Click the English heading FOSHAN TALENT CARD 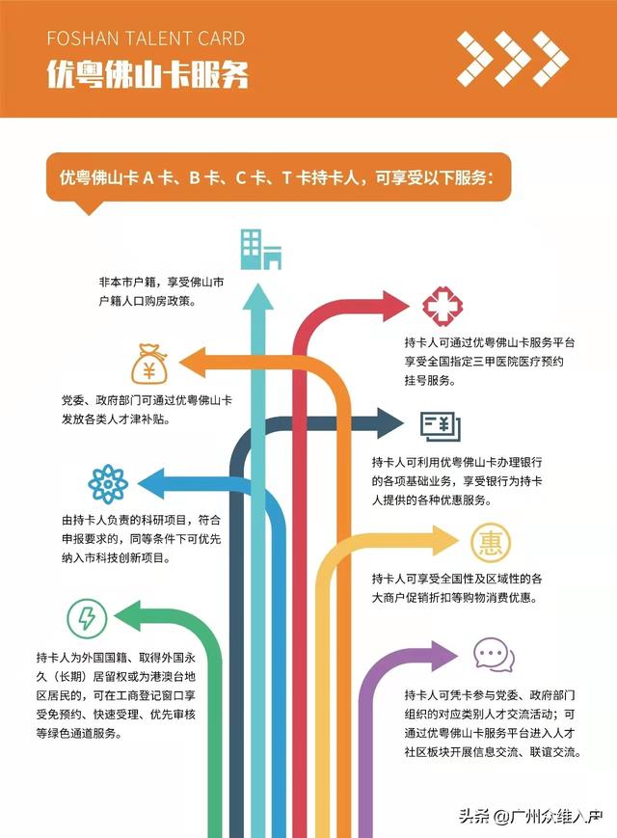click(x=146, y=39)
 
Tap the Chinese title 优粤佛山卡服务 click(x=148, y=73)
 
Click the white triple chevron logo click(x=512, y=59)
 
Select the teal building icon click(x=260, y=249)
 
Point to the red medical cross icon click(x=443, y=306)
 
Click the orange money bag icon click(x=149, y=364)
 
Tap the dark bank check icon click(x=441, y=426)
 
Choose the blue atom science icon click(x=108, y=484)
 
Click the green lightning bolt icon click(x=87, y=618)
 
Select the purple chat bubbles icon click(x=494, y=655)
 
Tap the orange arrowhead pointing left click(x=193, y=363)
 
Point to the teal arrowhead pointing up click(x=258, y=297)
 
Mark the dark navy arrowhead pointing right click(x=390, y=423)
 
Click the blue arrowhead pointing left click(x=151, y=483)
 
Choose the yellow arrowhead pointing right click(x=445, y=541)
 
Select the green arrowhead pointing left click(x=127, y=616)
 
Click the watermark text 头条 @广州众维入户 click(x=531, y=816)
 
